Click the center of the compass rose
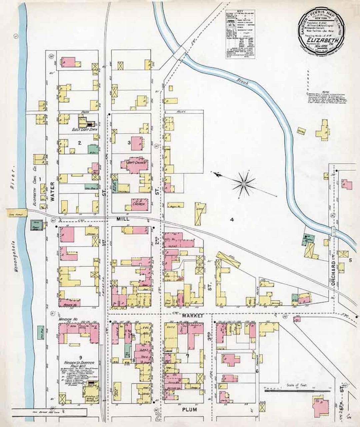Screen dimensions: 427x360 [244, 183]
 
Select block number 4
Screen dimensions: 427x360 [232, 220]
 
